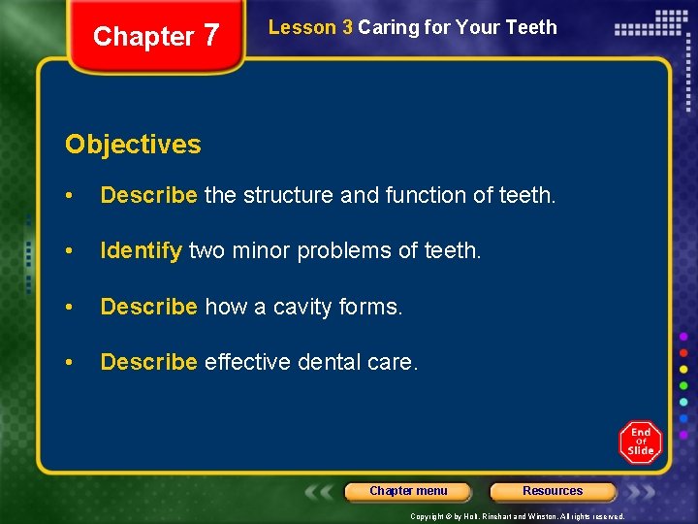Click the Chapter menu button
(408, 491)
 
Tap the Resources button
(553, 491)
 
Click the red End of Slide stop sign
(640, 442)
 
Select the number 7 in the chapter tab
(211, 35)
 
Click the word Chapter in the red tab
(143, 37)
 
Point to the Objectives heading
(133, 145)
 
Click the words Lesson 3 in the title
(310, 27)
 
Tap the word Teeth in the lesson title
(532, 27)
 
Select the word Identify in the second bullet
(141, 251)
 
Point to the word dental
(329, 362)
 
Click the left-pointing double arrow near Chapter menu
(321, 492)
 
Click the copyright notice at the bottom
(518, 516)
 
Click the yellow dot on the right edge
(683, 369)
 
